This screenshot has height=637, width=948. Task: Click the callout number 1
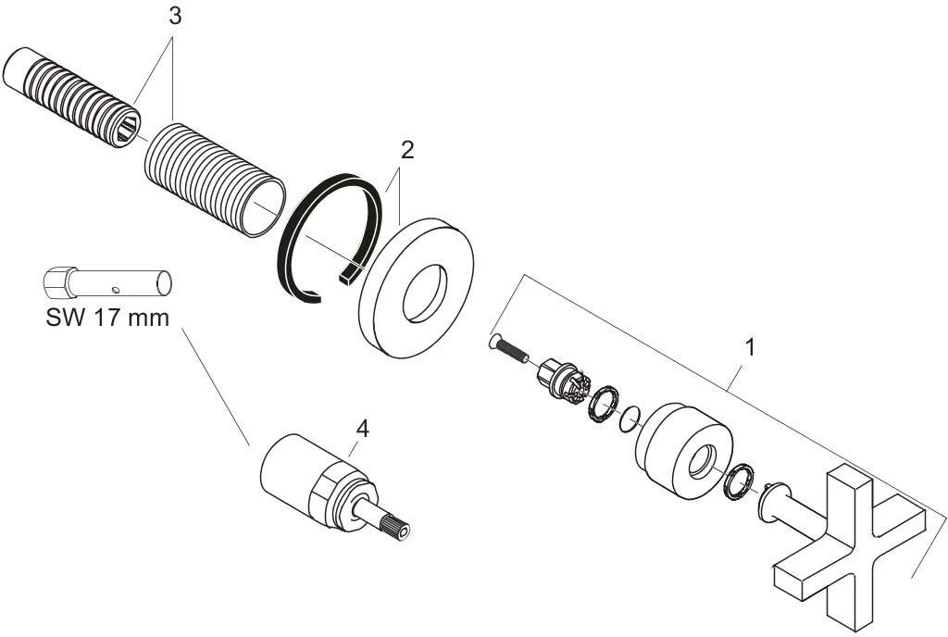tap(751, 348)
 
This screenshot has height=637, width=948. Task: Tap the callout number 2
tap(405, 151)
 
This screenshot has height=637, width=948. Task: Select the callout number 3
tap(173, 18)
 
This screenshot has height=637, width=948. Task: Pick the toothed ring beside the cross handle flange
tap(736, 481)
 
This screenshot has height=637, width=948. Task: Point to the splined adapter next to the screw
tap(559, 380)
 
